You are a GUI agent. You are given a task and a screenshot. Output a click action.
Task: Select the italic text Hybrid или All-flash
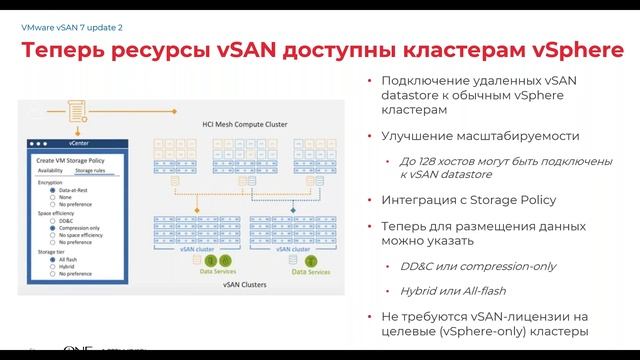(x=440, y=291)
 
